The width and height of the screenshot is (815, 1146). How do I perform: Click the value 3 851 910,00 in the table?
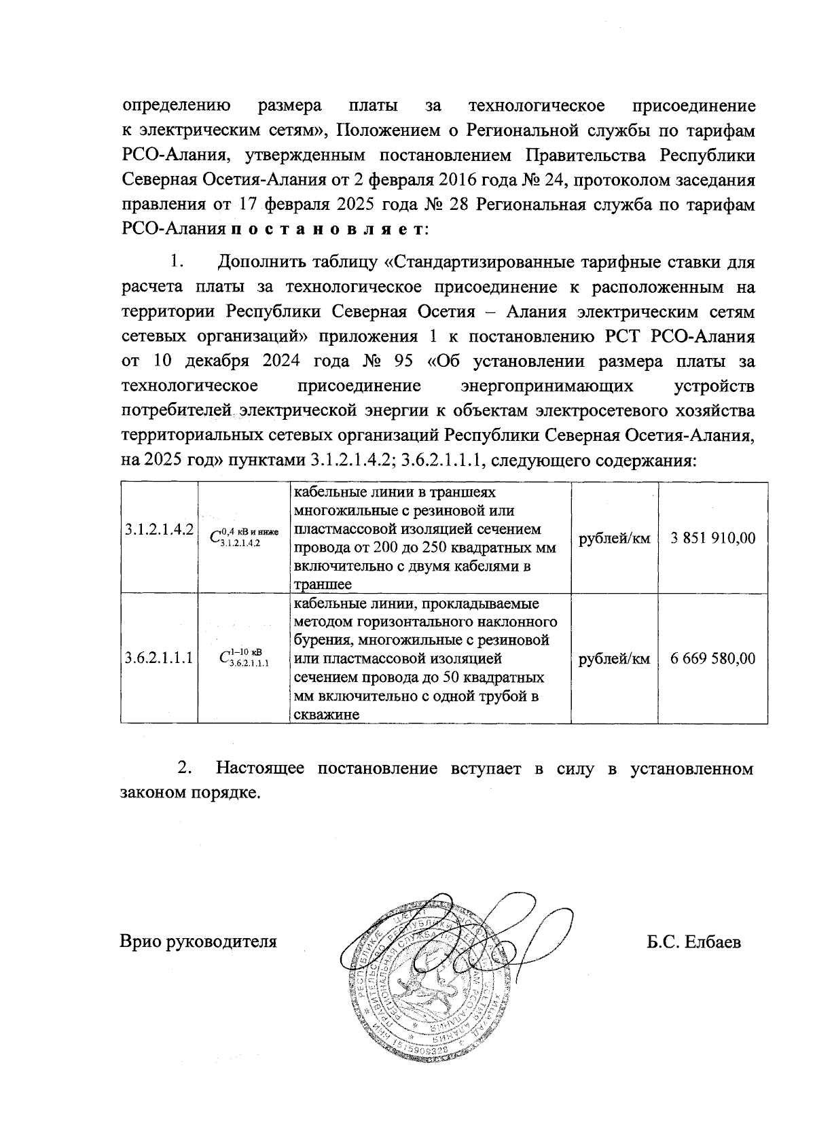712,538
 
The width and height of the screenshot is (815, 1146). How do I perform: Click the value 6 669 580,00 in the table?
712,658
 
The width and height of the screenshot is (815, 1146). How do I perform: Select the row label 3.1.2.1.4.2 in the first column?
159,529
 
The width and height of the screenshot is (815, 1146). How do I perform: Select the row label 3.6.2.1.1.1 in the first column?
159,658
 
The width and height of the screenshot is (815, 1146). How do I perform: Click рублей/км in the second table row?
614,659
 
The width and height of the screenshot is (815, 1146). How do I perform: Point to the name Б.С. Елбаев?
693,942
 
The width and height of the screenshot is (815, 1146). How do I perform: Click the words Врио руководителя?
199,942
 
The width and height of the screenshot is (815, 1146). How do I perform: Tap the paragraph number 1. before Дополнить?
177,262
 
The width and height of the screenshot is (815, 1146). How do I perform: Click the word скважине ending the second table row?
326,714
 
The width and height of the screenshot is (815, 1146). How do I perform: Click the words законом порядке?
190,793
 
